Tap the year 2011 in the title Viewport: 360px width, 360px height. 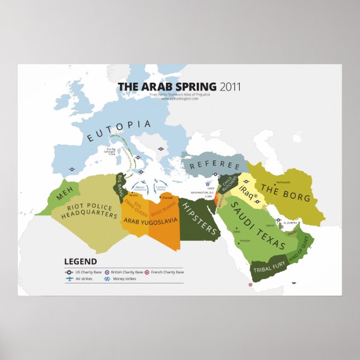(231, 87)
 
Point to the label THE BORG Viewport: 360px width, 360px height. (277, 190)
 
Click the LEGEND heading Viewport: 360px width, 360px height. (80, 261)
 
